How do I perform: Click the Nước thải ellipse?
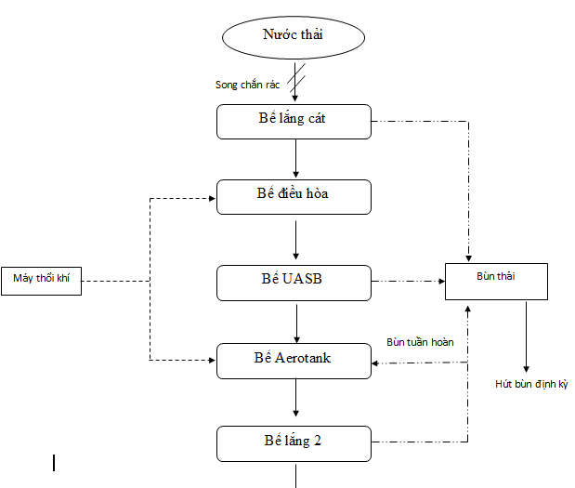pos(294,37)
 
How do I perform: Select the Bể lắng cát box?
pos(294,122)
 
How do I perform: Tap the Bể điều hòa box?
pos(294,197)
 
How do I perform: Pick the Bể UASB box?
pos(294,283)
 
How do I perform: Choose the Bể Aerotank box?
pos(294,361)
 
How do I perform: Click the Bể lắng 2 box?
pos(294,443)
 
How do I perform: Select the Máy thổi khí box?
pos(42,281)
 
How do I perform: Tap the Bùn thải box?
pos(497,282)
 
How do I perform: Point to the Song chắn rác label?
pos(247,85)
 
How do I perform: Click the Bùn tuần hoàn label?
pos(420,342)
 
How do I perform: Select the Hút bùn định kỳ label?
pos(531,384)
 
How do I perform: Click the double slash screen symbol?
pos(296,78)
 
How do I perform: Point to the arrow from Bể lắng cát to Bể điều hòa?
pos(296,159)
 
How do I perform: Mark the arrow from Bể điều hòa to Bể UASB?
pos(296,240)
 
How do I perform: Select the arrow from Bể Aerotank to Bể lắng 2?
pos(296,398)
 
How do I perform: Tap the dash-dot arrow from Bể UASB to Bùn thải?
pos(408,282)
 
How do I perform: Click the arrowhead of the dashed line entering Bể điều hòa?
pos(213,199)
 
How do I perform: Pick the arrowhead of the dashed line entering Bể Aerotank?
pos(213,361)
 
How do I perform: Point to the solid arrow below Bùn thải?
pos(526,336)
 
